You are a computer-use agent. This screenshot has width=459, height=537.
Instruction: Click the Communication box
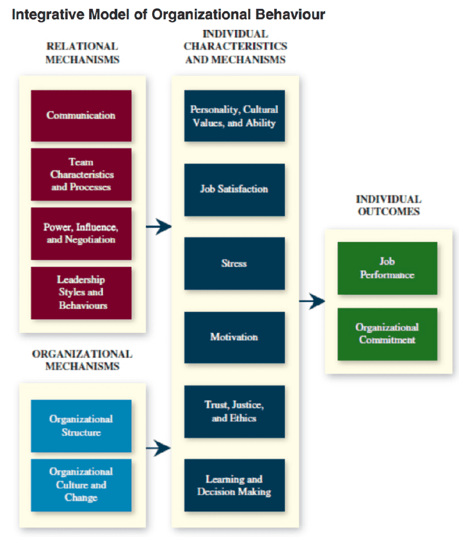(81, 115)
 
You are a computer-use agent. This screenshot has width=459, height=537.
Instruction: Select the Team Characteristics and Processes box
(81, 174)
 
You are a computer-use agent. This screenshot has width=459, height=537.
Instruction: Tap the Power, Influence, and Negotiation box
(81, 233)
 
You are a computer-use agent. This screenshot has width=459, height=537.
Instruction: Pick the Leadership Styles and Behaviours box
(81, 292)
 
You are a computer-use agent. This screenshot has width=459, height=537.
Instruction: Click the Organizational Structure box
(81, 426)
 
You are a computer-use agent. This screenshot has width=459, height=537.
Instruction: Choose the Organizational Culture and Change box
(81, 485)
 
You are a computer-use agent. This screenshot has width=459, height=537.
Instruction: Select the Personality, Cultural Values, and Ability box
(234, 116)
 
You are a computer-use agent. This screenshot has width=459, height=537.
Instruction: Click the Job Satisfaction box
(234, 190)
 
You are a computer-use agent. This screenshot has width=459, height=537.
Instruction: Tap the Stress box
(234, 263)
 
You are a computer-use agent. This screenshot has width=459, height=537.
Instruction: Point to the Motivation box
(234, 337)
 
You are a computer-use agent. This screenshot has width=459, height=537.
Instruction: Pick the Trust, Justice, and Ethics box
(234, 411)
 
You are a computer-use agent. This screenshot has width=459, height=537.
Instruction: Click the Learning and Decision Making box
(234, 485)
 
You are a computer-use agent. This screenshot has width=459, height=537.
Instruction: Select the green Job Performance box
(387, 268)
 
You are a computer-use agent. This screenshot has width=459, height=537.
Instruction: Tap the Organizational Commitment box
(387, 334)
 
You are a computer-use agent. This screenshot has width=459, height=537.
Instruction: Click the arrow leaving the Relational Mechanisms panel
(158, 226)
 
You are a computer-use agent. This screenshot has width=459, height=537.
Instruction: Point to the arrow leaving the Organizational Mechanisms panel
(158, 449)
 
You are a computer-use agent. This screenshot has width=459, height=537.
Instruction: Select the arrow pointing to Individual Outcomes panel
(311, 301)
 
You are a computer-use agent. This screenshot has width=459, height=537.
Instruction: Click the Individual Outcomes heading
(388, 205)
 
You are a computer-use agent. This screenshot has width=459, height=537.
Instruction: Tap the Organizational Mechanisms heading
(82, 360)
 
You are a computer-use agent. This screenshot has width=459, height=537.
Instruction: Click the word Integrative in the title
(40, 14)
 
